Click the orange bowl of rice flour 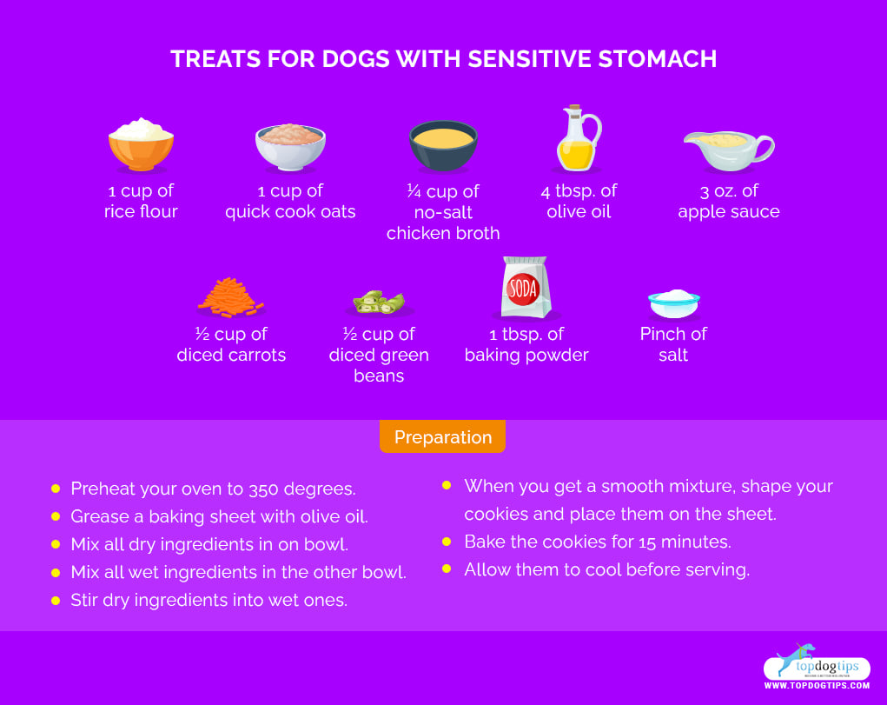click(141, 145)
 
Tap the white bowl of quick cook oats click(290, 145)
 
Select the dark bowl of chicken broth click(442, 145)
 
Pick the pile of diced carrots click(230, 296)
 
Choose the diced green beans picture click(379, 303)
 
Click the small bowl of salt click(674, 302)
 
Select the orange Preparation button click(442, 437)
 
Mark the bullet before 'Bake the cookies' click(447, 542)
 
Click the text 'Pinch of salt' click(673, 344)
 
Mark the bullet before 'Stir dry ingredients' click(56, 600)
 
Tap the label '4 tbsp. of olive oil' click(579, 201)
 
